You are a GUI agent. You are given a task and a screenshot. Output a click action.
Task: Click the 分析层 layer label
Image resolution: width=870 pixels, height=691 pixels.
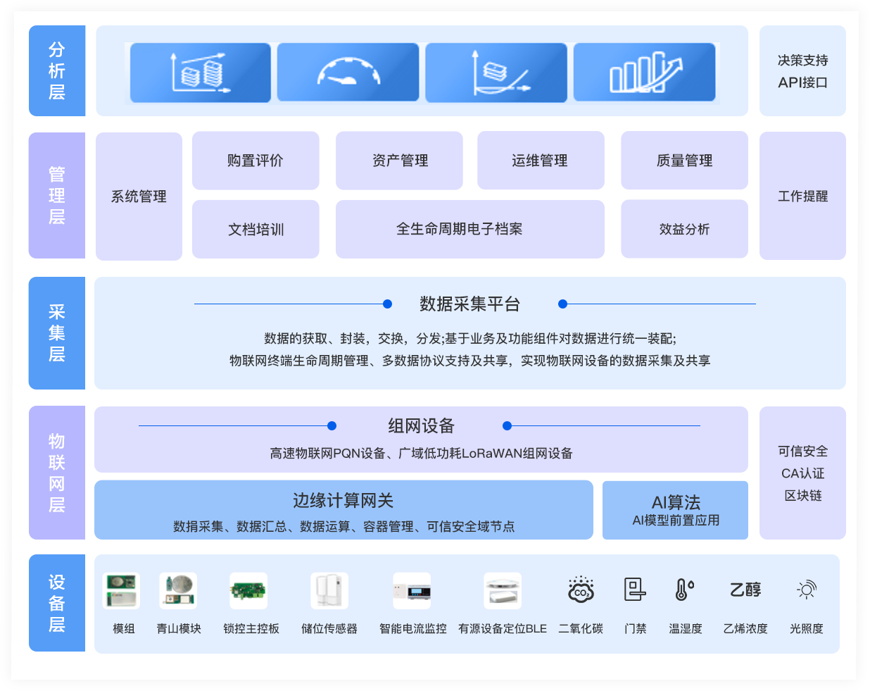[57, 70]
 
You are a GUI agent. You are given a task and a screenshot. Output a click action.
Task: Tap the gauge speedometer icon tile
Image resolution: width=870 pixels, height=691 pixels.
[348, 73]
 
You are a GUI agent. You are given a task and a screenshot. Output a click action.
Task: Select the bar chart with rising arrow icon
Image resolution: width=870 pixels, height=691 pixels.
[645, 73]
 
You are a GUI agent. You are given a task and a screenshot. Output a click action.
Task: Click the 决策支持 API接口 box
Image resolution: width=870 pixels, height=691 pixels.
[802, 71]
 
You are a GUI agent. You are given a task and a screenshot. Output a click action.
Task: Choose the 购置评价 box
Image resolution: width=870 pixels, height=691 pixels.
[256, 161]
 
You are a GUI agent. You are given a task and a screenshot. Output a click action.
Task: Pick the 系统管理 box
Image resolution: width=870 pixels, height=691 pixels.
[139, 197]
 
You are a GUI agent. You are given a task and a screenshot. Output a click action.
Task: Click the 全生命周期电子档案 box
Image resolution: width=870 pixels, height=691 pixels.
[469, 229]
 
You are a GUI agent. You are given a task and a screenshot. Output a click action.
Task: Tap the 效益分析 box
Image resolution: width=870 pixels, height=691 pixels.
[684, 229]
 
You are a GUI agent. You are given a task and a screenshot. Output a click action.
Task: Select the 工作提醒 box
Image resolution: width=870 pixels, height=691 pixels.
[802, 196]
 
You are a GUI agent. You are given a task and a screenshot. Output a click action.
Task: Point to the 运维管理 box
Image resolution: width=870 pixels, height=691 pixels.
[541, 161]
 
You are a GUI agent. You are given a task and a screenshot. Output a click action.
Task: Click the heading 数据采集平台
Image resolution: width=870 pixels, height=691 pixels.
[469, 304]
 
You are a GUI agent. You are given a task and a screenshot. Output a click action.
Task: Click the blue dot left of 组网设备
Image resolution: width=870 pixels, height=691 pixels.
[332, 425]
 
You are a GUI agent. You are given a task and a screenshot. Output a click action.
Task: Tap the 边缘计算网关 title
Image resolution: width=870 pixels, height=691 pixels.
[343, 501]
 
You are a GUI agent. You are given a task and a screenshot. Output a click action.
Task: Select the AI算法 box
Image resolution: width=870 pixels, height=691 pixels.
[675, 510]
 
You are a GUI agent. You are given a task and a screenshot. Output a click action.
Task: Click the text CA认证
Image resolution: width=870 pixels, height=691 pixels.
[802, 473]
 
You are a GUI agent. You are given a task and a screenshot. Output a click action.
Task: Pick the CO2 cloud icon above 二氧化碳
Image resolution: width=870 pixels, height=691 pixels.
[581, 590]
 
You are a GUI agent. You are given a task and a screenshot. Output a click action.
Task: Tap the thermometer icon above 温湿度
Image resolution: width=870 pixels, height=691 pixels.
[684, 590]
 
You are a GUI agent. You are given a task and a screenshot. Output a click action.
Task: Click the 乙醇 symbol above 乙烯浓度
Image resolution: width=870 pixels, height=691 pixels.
[745, 590]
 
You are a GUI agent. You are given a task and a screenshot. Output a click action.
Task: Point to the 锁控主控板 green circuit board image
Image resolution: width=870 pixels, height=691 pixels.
[248, 590]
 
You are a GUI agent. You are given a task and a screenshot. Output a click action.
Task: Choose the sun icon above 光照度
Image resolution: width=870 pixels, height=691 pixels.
[806, 590]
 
